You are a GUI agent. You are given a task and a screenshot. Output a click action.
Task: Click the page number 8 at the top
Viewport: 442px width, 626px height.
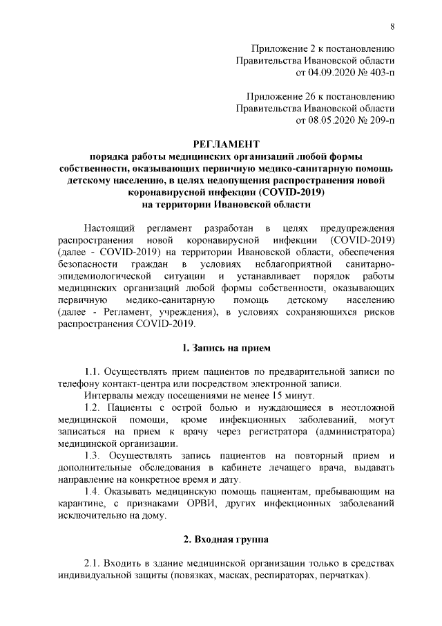click(392, 26)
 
